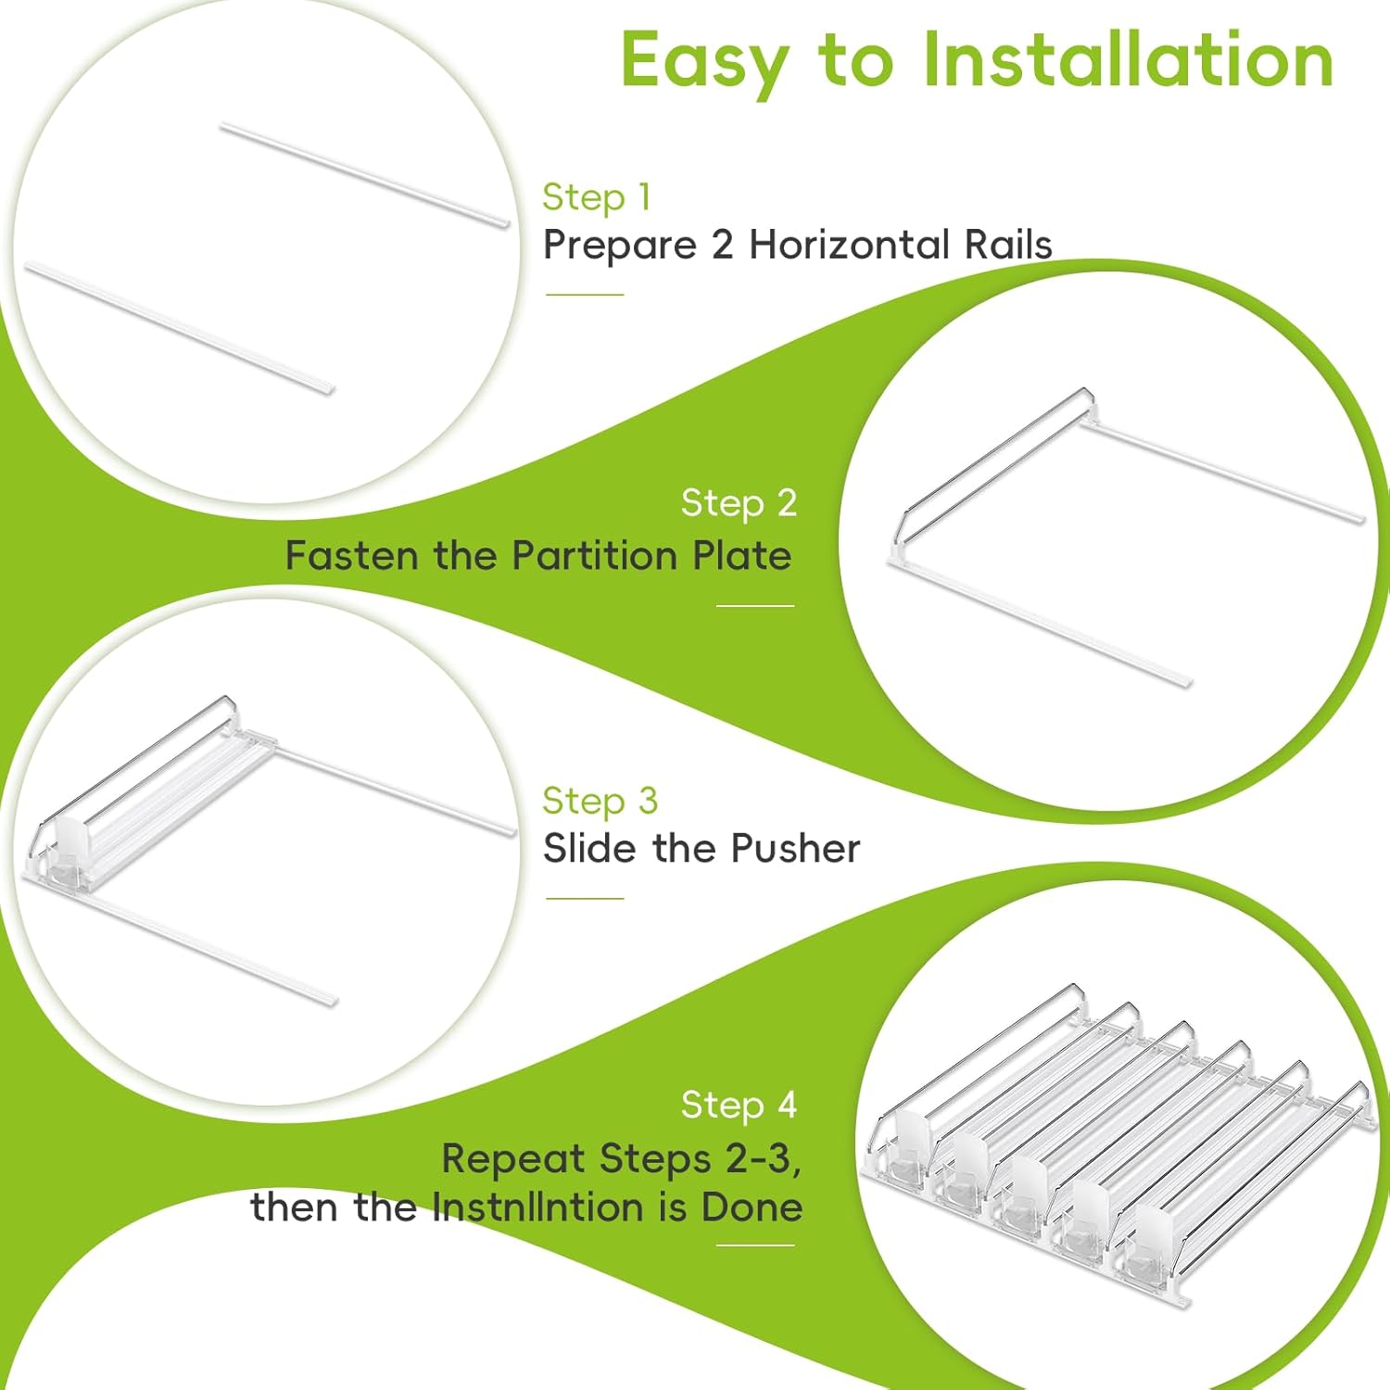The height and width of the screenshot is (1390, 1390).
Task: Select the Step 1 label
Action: pyautogui.click(x=597, y=197)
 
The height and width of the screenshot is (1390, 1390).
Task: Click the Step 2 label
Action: pyautogui.click(x=739, y=503)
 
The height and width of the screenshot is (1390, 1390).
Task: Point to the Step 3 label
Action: pyautogui.click(x=600, y=802)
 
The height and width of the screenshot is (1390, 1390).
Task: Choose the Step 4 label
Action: pyautogui.click(x=739, y=1106)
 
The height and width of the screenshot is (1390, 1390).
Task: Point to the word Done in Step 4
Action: pyautogui.click(x=752, y=1207)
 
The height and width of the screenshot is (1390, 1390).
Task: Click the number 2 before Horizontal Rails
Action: pyautogui.click(x=723, y=245)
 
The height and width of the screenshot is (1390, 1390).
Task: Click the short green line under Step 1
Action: pyautogui.click(x=585, y=295)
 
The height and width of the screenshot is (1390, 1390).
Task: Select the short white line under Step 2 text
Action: pyautogui.click(x=755, y=606)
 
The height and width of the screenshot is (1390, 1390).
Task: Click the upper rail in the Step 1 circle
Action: pyautogui.click(x=365, y=174)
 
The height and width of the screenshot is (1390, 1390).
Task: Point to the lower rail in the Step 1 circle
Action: pyautogui.click(x=178, y=328)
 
